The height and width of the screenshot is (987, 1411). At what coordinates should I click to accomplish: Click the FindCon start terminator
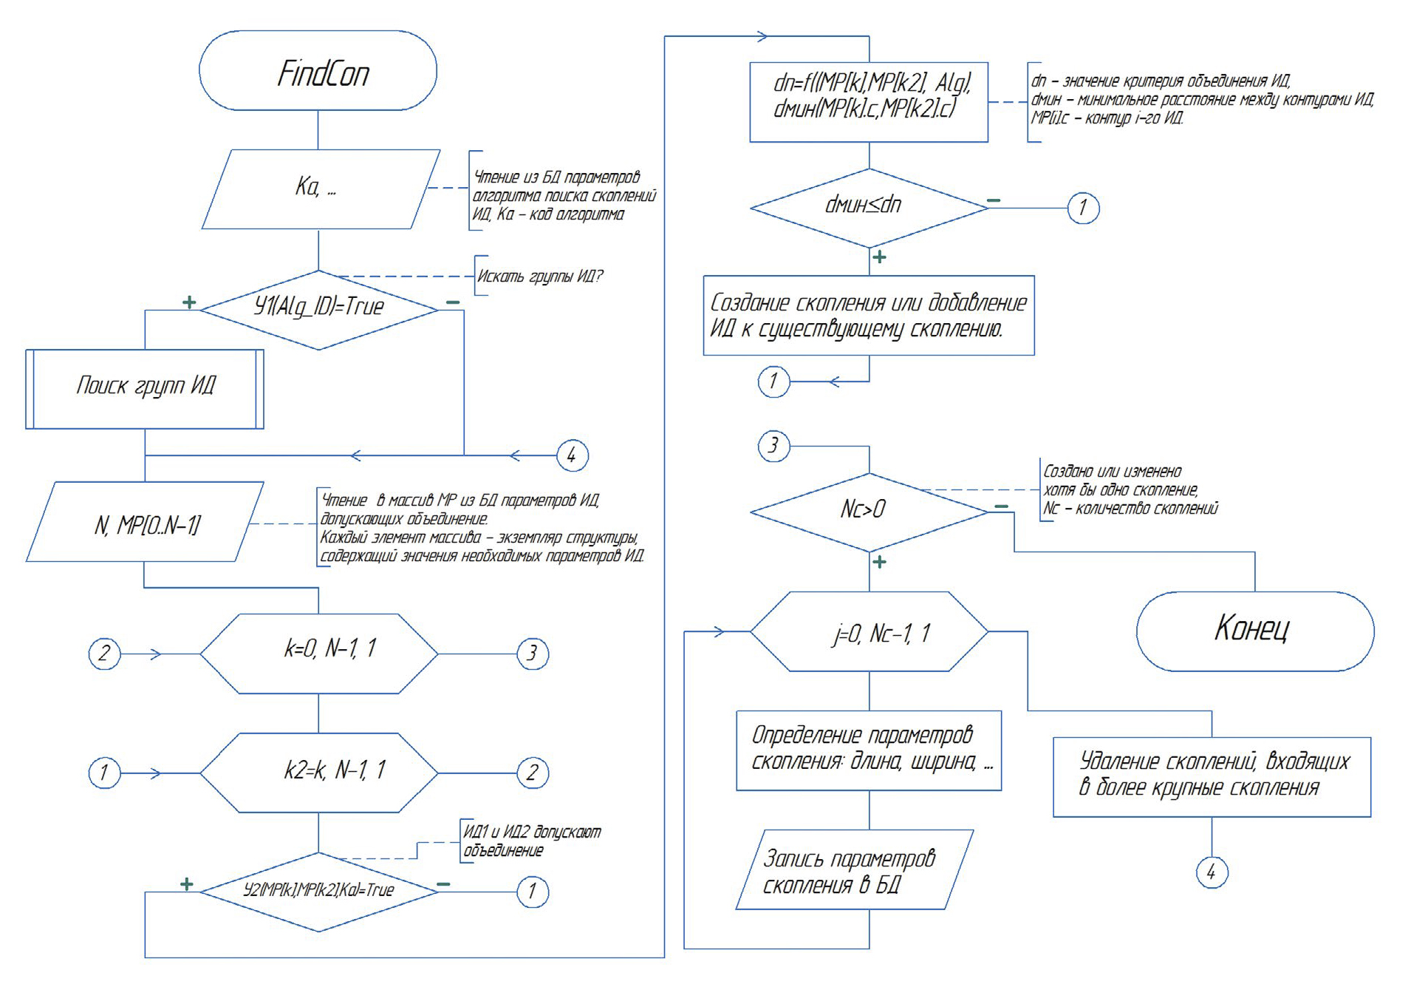pyautogui.click(x=318, y=71)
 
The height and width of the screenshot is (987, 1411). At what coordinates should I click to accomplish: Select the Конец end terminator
pyautogui.click(x=1254, y=631)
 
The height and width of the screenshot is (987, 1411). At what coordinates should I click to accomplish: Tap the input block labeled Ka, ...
pyautogui.click(x=320, y=189)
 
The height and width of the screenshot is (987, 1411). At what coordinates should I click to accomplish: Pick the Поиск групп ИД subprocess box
pyautogui.click(x=145, y=389)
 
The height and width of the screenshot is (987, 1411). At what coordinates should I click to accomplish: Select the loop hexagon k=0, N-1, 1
pyautogui.click(x=319, y=653)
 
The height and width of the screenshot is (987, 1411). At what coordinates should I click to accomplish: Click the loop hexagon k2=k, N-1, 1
pyautogui.click(x=319, y=773)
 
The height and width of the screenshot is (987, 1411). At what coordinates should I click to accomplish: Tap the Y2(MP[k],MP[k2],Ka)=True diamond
pyautogui.click(x=318, y=891)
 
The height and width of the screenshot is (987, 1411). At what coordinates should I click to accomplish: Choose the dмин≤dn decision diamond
pyautogui.click(x=869, y=207)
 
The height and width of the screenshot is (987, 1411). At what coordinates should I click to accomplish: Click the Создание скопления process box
pyautogui.click(x=869, y=315)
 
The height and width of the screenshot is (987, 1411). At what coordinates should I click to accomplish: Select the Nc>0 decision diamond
pyautogui.click(x=869, y=511)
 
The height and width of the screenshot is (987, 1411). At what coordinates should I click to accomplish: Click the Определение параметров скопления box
pyautogui.click(x=869, y=750)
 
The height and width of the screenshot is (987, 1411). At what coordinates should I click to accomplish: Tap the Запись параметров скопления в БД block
pyautogui.click(x=854, y=869)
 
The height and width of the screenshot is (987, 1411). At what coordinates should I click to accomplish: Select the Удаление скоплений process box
pyautogui.click(x=1212, y=776)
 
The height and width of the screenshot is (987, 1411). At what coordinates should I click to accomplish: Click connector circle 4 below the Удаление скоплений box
pyautogui.click(x=1212, y=872)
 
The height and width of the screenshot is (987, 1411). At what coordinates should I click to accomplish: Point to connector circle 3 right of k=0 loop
pyautogui.click(x=532, y=654)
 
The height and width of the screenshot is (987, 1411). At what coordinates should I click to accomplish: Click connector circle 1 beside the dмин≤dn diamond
pyautogui.click(x=1083, y=208)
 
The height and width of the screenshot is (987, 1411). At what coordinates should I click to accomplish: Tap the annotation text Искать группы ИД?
pyautogui.click(x=540, y=277)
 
